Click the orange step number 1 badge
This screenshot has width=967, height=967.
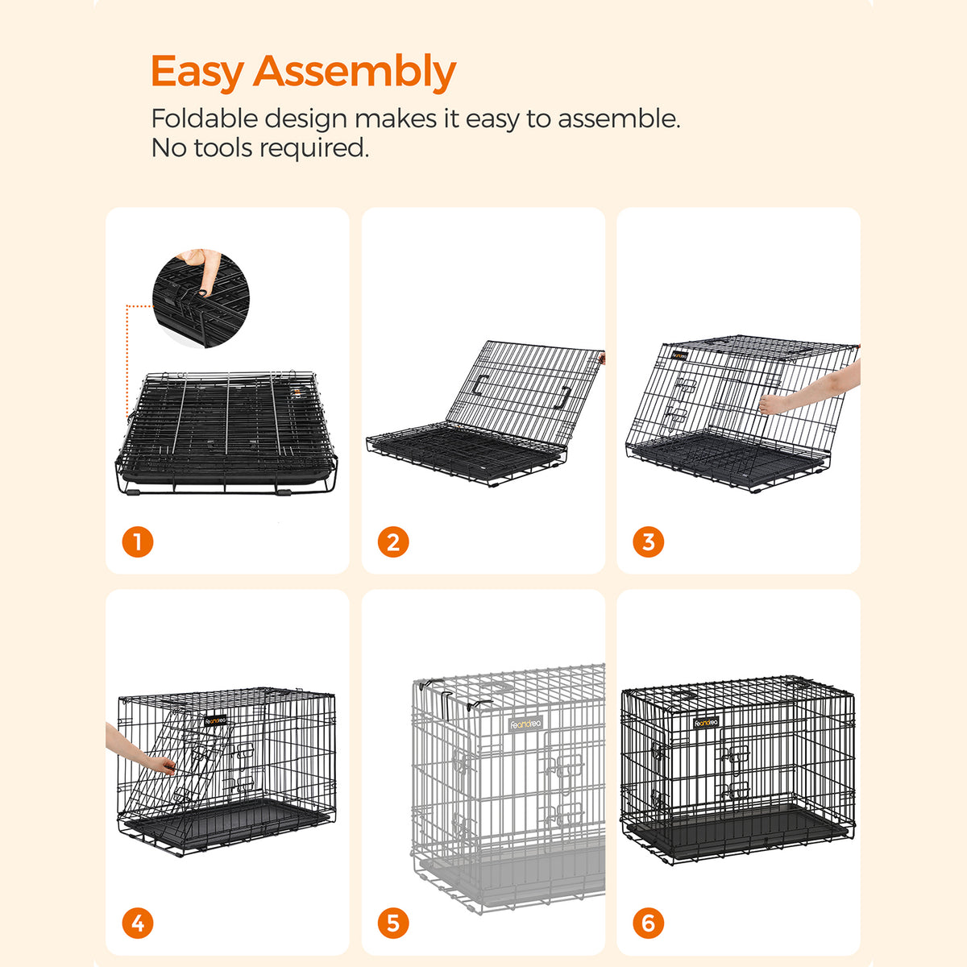coord(138,542)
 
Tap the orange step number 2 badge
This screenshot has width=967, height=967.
coord(393,542)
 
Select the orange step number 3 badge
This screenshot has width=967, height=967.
coord(649,542)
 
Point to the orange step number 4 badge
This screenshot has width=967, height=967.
coord(138,923)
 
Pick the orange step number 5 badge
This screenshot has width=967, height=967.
coord(393,923)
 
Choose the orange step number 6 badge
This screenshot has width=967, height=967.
coord(649,923)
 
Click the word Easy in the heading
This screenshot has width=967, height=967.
coord(197,73)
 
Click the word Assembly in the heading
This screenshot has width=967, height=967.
coord(355,73)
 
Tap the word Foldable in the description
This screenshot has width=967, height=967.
coord(205,118)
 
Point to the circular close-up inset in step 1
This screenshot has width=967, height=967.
coord(201,298)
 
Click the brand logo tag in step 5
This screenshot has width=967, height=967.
coord(525,724)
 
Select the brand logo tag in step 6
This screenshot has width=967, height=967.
coord(706,723)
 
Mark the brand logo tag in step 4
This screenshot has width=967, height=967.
coord(215,720)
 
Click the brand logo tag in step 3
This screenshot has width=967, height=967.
coord(680,356)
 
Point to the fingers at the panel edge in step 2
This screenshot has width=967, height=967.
coord(602,357)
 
